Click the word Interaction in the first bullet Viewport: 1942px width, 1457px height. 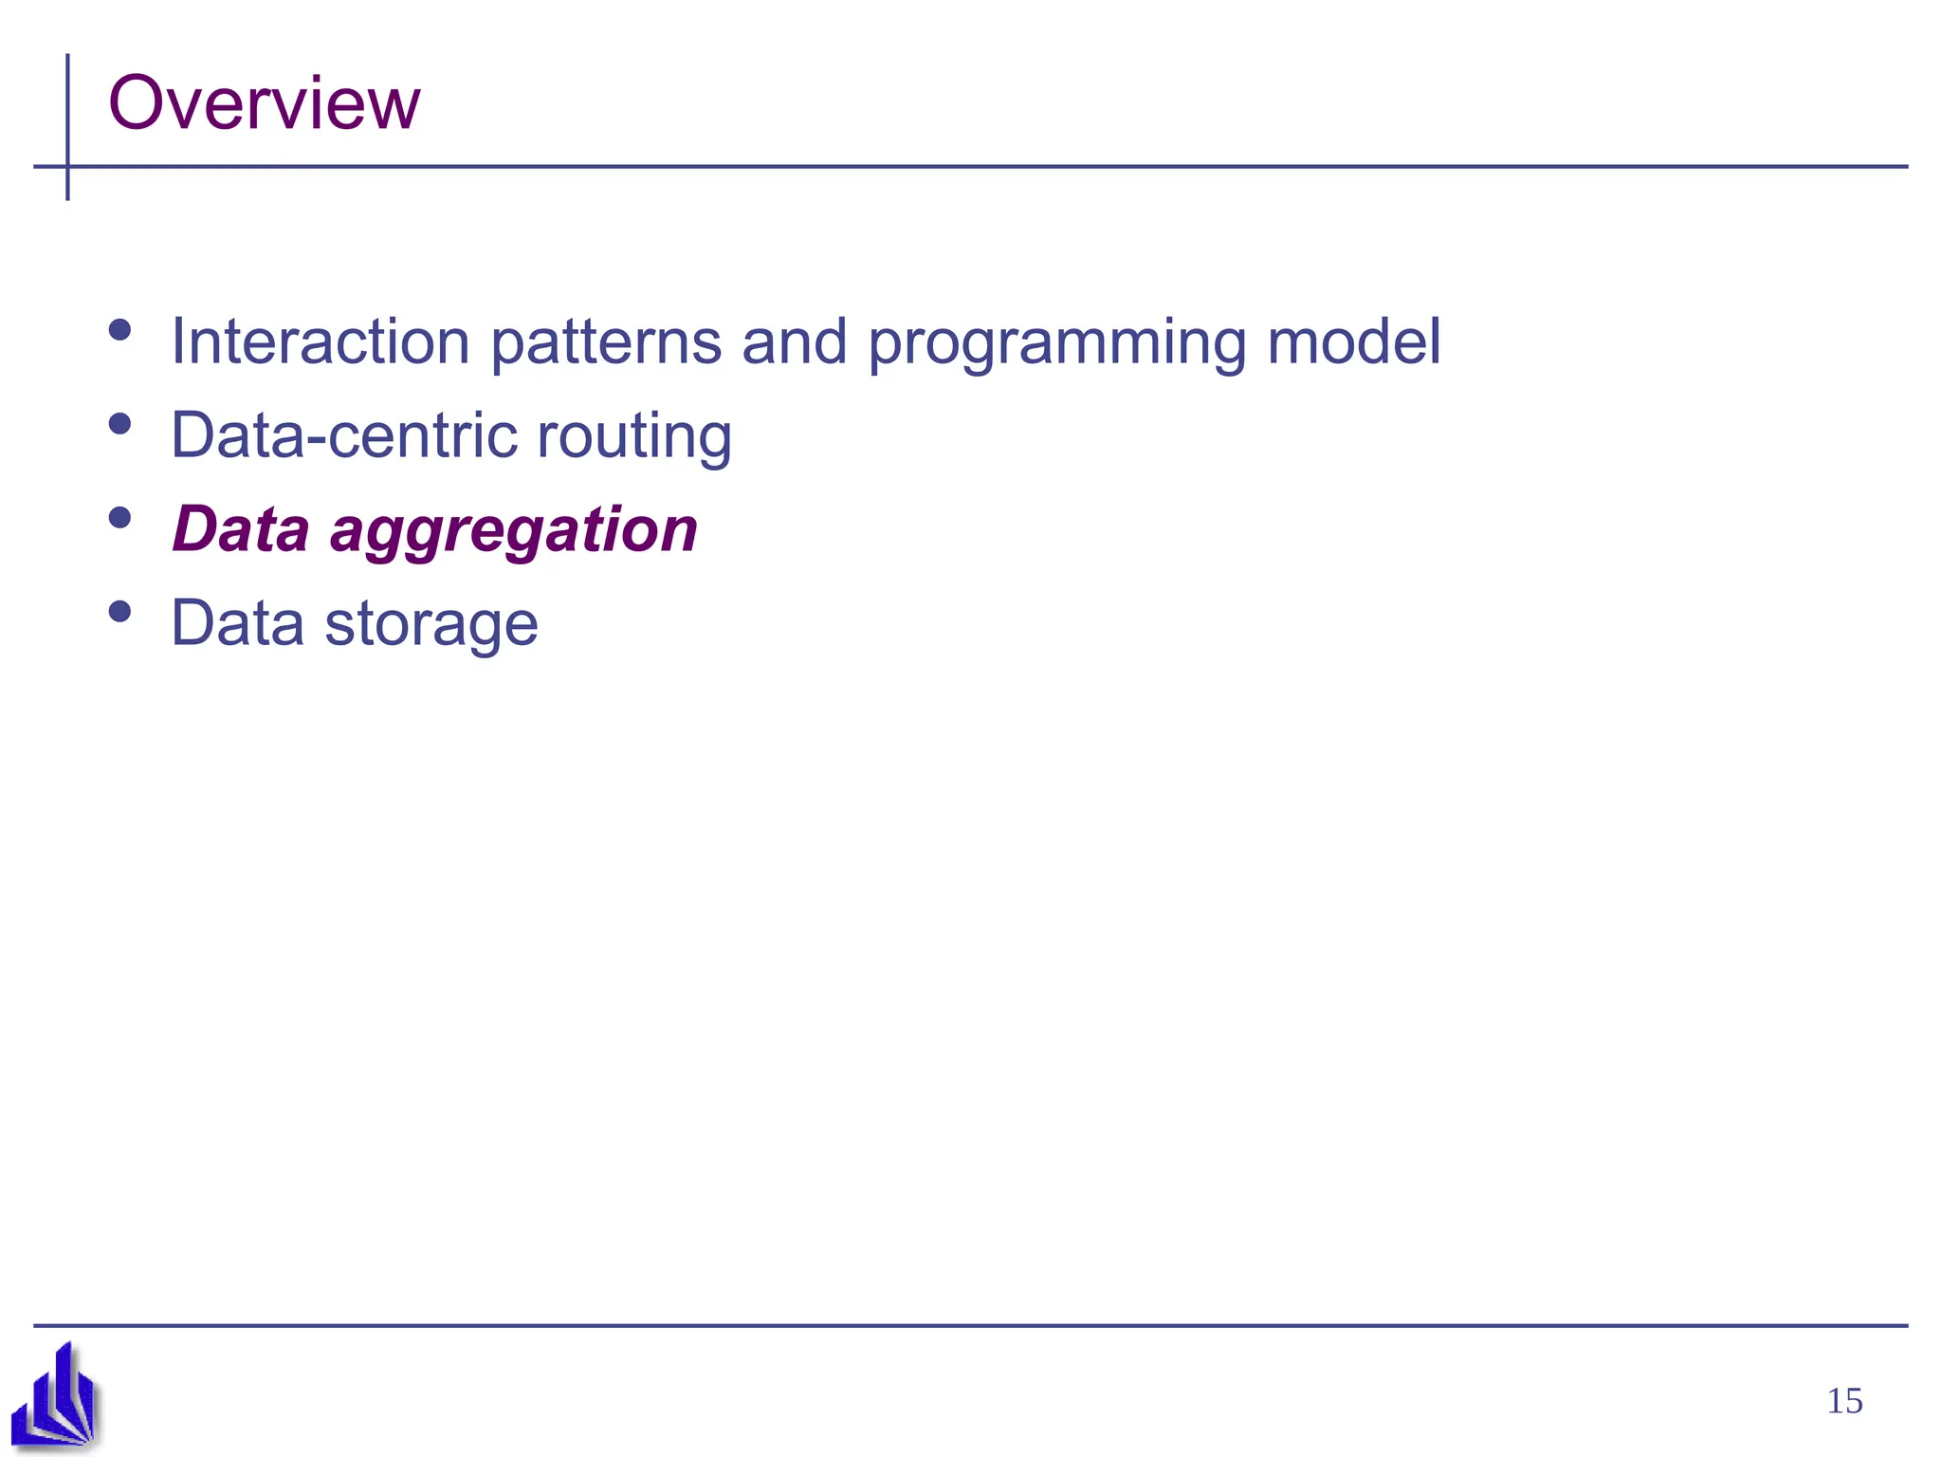coord(321,341)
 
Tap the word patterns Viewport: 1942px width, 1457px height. coord(606,341)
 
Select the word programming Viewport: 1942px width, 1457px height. coord(1056,343)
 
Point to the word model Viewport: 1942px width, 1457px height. coord(1354,341)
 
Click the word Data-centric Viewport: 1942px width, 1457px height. coord(343,435)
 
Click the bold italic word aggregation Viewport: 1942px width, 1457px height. coord(513,531)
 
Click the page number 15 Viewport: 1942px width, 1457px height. coord(1843,1401)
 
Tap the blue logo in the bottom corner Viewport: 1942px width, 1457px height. coord(55,1396)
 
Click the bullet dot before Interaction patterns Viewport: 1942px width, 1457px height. coord(119,329)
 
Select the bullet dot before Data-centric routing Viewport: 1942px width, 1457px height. coord(119,423)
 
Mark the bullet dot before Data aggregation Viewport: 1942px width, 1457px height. coord(119,517)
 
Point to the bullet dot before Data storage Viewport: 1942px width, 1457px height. coord(119,611)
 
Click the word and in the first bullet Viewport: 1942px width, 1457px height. coord(794,341)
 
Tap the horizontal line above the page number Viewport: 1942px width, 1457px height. coord(971,1325)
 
